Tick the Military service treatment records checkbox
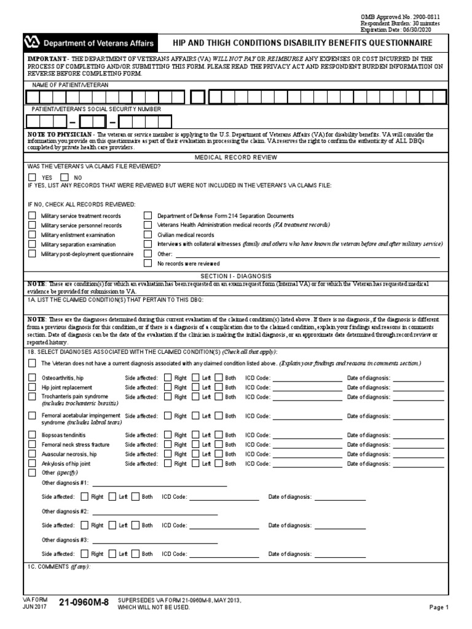(32, 216)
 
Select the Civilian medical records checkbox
(147, 235)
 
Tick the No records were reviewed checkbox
(147, 263)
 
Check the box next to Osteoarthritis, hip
(32, 378)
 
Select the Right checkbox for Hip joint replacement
(168, 388)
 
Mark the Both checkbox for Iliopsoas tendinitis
(218, 435)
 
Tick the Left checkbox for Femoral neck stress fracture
(195, 444)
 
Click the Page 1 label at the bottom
(439, 608)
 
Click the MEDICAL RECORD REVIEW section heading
(236, 157)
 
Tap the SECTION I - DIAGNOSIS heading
(236, 276)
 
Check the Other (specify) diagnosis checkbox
(32, 474)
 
